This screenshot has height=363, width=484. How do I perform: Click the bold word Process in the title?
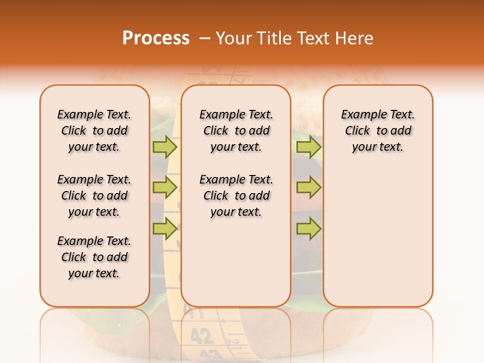click(156, 38)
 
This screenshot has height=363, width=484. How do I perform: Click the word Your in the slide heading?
click(233, 38)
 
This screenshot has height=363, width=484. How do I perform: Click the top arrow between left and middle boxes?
click(165, 147)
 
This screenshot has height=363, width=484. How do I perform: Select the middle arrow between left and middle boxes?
click(165, 188)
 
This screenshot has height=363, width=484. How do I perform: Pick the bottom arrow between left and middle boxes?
click(165, 229)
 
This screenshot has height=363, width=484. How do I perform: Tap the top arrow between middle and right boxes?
click(309, 147)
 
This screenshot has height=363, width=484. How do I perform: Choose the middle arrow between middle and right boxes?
click(309, 188)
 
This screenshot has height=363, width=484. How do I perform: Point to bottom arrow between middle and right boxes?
click(309, 229)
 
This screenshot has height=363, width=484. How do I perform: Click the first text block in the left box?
click(94, 131)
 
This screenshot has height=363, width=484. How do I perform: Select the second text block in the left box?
click(94, 196)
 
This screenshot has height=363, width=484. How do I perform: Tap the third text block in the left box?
click(94, 257)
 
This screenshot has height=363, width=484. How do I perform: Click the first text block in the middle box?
click(236, 131)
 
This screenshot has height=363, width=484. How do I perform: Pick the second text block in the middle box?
click(236, 196)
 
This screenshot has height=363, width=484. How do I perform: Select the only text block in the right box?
click(378, 131)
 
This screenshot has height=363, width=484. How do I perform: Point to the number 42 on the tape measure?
click(202, 335)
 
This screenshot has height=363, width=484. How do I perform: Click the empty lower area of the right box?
click(378, 242)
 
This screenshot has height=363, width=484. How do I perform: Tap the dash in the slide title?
click(205, 39)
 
